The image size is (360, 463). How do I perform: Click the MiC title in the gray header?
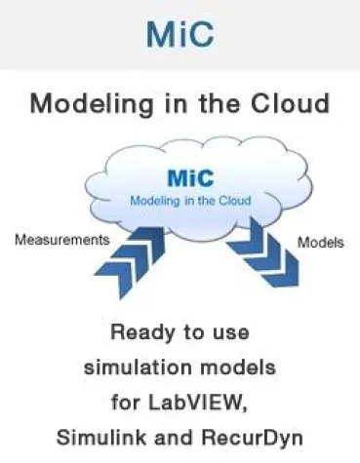point(180,35)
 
